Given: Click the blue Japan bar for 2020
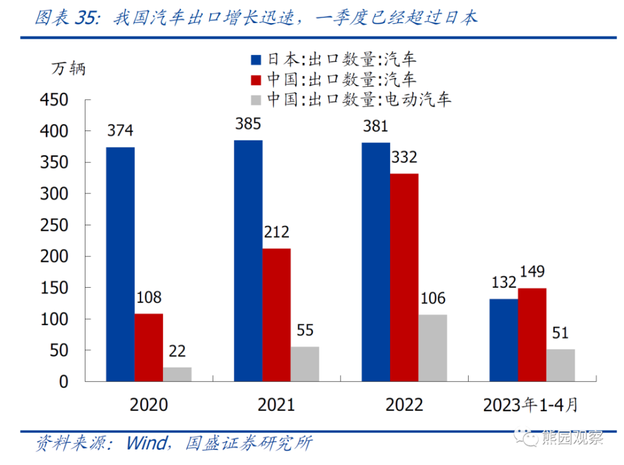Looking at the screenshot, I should point(120,264).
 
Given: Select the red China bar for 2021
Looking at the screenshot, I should point(276,315).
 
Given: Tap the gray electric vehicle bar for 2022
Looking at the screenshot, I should point(432,348).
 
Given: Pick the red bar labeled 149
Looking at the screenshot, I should point(532,335).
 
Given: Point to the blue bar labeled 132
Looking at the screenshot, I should point(503,340).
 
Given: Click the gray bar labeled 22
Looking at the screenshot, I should point(177,374).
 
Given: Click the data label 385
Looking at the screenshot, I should point(248,124).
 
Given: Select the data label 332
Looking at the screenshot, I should point(404,157).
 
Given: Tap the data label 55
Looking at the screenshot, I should point(305,330).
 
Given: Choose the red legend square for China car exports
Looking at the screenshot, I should point(255,80).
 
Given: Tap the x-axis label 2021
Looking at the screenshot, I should point(276,404).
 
